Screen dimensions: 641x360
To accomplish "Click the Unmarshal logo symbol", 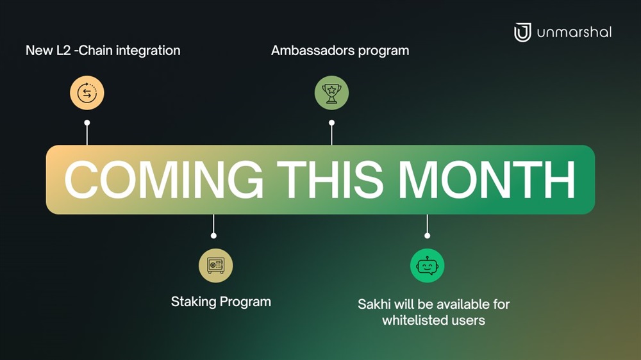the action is point(522,32).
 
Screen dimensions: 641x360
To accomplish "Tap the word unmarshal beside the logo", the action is point(574,32).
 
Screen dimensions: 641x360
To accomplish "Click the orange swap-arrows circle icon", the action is point(87,93).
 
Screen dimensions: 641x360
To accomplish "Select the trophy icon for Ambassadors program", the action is point(331,93).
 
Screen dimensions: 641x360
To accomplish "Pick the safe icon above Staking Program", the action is point(216,266).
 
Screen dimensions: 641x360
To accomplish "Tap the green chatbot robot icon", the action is point(427,266).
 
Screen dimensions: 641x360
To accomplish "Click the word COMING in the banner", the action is point(163,180).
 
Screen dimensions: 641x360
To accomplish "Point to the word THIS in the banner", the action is point(330,180).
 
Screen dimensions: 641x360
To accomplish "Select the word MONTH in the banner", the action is point(487,180).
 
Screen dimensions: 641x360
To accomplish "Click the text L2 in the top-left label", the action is point(63,50).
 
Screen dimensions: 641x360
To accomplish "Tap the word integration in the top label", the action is point(148,51).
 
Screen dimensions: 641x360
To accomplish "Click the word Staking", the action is point(194,302).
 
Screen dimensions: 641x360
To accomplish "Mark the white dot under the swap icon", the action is point(87,122).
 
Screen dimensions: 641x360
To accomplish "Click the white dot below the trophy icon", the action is point(331,122).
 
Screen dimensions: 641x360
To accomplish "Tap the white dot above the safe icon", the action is point(213,236).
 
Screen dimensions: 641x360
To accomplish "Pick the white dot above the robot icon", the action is point(427,236).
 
